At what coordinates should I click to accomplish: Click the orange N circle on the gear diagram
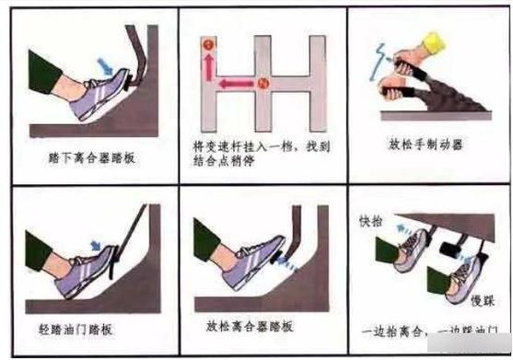tap(262, 85)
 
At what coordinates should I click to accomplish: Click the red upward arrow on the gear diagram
tap(207, 65)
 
